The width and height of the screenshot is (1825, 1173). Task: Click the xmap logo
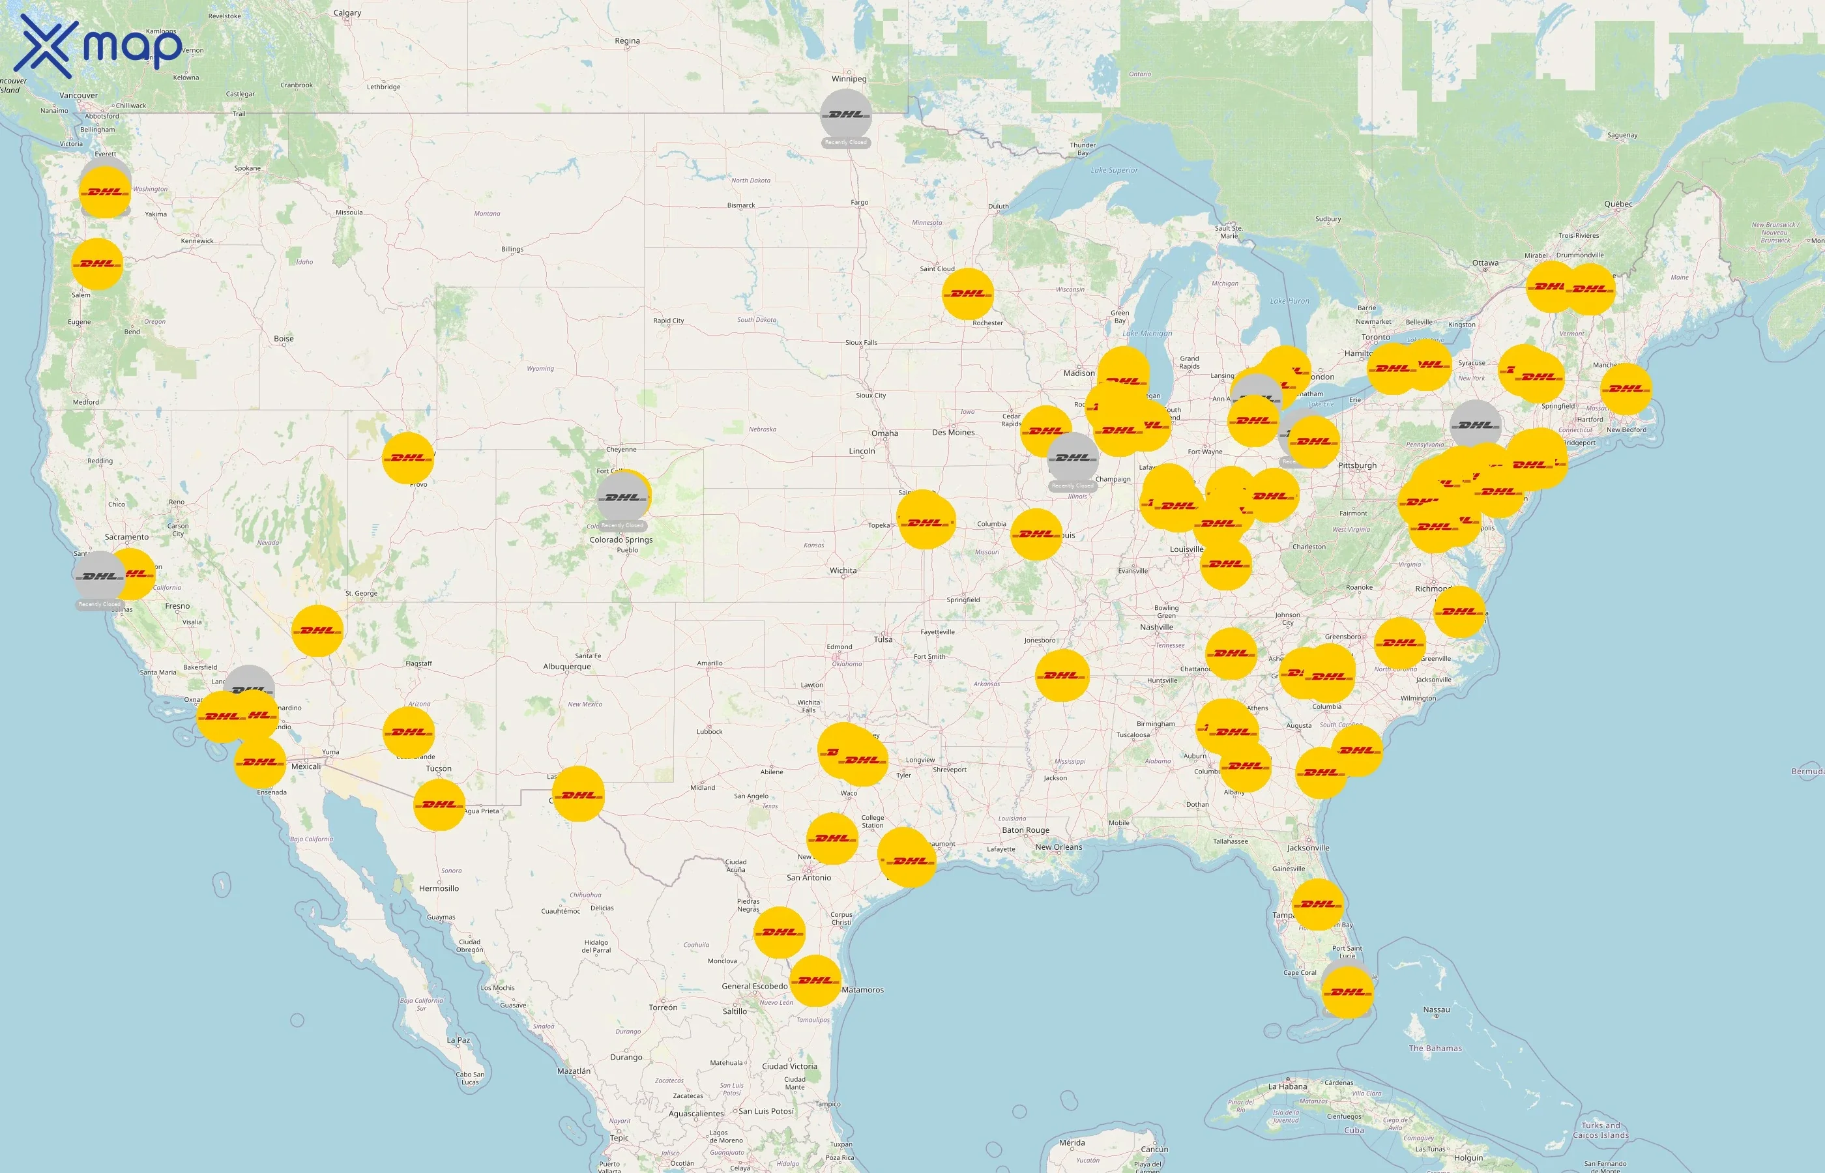pos(99,46)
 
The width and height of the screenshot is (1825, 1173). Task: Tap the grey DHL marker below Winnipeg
pos(845,114)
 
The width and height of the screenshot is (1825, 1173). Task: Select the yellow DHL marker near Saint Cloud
pos(967,293)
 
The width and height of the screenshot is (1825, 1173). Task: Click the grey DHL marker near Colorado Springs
pos(622,497)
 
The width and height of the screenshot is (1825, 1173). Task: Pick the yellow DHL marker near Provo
pos(407,457)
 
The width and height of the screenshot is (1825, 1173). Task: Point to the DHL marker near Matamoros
pos(815,980)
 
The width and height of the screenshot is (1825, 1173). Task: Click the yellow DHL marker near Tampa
pos(1318,904)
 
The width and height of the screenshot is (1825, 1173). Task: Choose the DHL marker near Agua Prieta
pos(439,804)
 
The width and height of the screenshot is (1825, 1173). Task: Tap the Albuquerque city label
pos(566,667)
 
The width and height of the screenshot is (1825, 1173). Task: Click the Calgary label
pos(347,13)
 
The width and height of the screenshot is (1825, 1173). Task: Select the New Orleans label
pos(1058,847)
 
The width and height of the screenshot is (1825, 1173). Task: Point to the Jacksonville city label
pos(1308,848)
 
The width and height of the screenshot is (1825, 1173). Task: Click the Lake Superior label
pos(1114,171)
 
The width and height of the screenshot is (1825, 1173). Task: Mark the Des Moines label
pos(953,433)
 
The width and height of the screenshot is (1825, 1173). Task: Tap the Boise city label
pos(284,339)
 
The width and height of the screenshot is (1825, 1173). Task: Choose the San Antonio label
pos(809,877)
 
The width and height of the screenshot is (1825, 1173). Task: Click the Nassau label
pos(1436,1010)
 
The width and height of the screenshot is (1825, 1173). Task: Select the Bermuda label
pos(1807,772)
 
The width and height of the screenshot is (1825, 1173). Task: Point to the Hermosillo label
pos(439,888)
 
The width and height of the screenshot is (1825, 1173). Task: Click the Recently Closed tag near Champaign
pos(1072,486)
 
